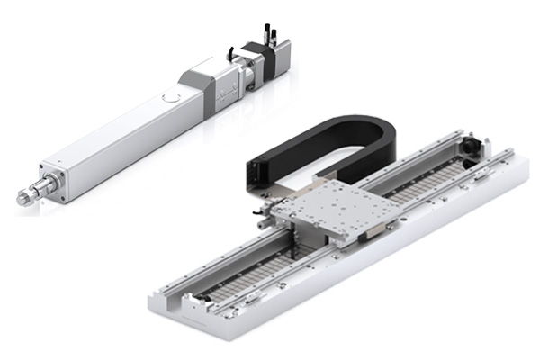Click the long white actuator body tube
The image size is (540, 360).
point(117,135)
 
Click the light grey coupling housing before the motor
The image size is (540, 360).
point(202,85)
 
